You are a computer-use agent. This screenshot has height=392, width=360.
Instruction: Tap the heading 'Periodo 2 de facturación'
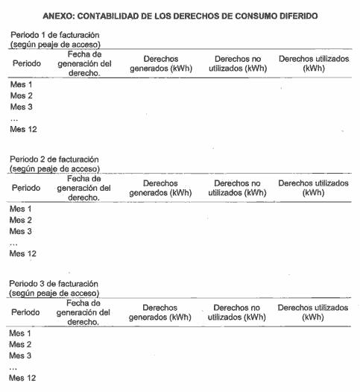54,160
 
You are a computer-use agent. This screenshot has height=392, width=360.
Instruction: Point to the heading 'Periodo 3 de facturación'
54,284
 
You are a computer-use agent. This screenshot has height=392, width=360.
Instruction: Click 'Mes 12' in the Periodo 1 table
23,130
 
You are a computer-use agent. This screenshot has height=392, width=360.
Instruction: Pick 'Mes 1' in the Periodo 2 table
21,209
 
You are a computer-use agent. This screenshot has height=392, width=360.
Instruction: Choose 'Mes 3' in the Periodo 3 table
21,355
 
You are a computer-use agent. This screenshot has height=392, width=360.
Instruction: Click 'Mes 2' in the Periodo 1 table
21,95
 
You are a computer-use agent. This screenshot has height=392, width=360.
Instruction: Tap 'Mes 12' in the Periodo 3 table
22,379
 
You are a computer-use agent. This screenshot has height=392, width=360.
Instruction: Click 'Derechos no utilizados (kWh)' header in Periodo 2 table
237,187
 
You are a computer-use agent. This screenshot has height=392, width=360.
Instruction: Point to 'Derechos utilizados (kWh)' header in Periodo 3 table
313,312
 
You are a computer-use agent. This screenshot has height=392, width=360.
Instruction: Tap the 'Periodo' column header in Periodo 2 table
26,188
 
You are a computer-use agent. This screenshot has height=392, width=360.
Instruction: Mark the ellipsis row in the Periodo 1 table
13,118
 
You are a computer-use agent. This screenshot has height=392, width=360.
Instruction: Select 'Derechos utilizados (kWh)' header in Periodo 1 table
313,63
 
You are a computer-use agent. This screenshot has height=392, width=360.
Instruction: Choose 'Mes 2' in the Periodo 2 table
21,220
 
